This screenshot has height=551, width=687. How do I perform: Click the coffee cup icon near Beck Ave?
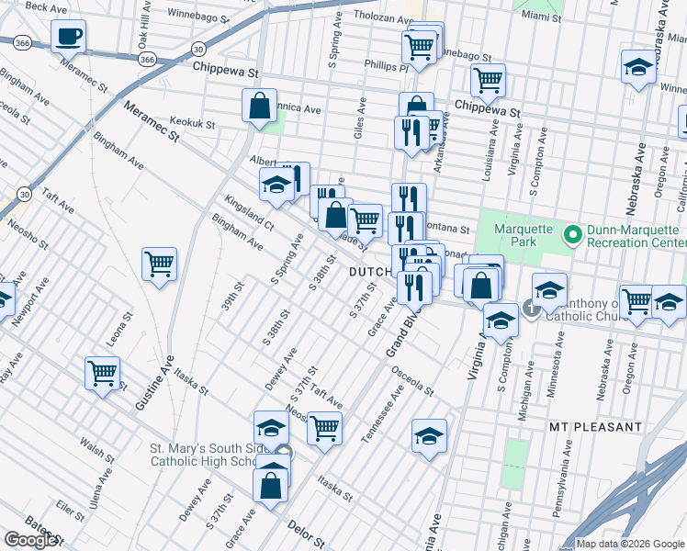[x=68, y=38]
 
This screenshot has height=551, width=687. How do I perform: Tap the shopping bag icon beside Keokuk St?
[x=260, y=105]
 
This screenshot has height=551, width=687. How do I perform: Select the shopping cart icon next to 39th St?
[x=160, y=264]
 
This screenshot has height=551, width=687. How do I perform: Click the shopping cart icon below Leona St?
[x=102, y=373]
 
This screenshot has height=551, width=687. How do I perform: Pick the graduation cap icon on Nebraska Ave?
[x=638, y=67]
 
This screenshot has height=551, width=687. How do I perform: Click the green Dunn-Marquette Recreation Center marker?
[x=573, y=236]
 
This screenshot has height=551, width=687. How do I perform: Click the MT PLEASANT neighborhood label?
[x=595, y=427]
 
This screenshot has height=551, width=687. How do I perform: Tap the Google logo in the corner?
[x=31, y=540]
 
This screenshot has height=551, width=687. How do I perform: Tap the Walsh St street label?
[x=96, y=449]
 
